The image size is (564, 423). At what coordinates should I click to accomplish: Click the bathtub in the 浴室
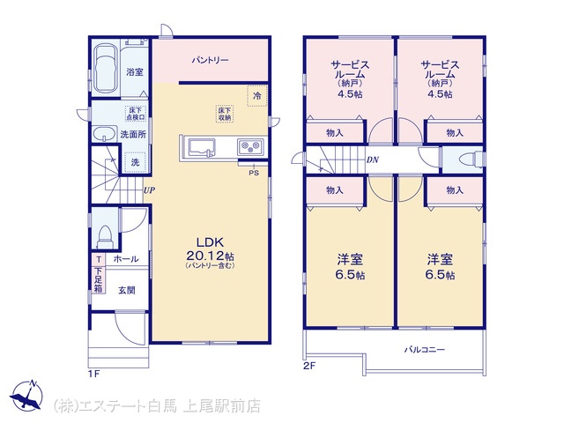pyautogui.click(x=105, y=68)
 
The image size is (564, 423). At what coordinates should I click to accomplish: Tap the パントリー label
pyautogui.click(x=210, y=60)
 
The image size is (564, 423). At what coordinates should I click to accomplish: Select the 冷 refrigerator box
pyautogui.click(x=257, y=96)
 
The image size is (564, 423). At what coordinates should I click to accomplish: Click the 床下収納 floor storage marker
pyautogui.click(x=226, y=114)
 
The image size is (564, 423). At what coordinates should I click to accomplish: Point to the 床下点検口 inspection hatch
pyautogui.click(x=136, y=114)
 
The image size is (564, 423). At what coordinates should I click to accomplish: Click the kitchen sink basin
pyautogui.click(x=202, y=148)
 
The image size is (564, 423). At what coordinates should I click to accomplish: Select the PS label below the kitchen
pyautogui.click(x=254, y=173)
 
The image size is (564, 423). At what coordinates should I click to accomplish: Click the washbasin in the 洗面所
pyautogui.click(x=104, y=134)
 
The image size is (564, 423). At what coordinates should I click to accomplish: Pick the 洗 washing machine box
pyautogui.click(x=135, y=162)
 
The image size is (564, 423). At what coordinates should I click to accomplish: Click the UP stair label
pyautogui.click(x=149, y=190)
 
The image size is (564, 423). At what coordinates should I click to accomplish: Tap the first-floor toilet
pyautogui.click(x=106, y=235)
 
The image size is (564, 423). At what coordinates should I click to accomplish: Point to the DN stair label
pyautogui.click(x=373, y=160)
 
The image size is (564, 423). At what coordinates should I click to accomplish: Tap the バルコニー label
pyautogui.click(x=425, y=349)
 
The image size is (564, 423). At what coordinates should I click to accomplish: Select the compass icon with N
pyautogui.click(x=26, y=395)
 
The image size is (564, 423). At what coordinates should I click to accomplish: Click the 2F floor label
pyautogui.click(x=309, y=367)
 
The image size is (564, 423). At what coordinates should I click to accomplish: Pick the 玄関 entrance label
pyautogui.click(x=127, y=290)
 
